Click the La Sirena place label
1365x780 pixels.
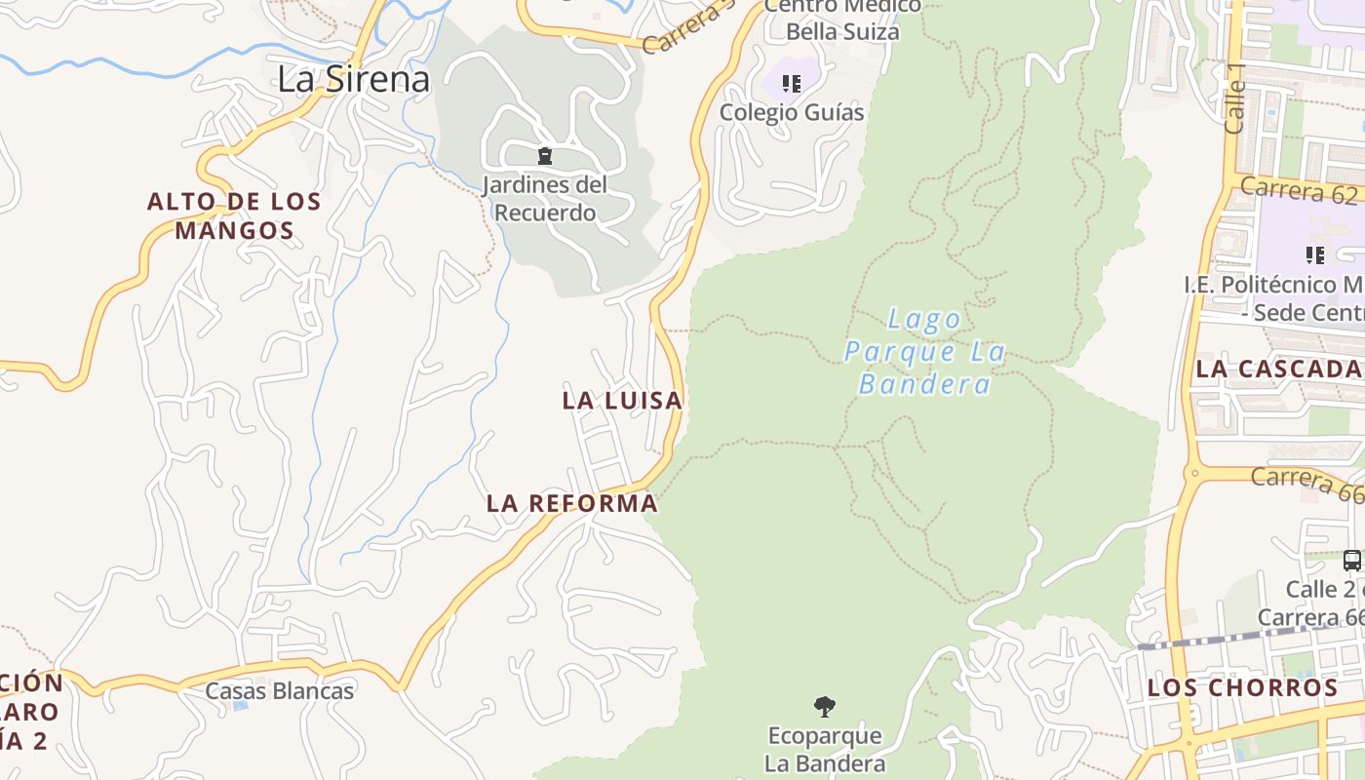[353, 79]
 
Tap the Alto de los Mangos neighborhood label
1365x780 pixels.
[234, 216]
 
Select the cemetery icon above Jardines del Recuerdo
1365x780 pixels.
[545, 156]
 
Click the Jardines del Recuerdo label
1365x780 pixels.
[544, 198]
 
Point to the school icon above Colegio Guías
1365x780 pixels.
[792, 84]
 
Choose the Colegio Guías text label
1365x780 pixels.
[792, 112]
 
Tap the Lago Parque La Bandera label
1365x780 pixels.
[924, 351]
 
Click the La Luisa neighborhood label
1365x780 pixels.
[622, 400]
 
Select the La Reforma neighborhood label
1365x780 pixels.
[572, 503]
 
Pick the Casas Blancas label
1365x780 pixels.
[280, 691]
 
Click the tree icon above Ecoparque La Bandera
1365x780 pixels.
[825, 706]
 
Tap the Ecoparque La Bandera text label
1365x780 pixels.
[825, 749]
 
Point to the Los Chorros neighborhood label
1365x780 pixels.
[1242, 687]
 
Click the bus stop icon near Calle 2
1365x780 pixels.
[1351, 561]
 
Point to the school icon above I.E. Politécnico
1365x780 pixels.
[1314, 255]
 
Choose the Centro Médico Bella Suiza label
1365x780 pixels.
[842, 19]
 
